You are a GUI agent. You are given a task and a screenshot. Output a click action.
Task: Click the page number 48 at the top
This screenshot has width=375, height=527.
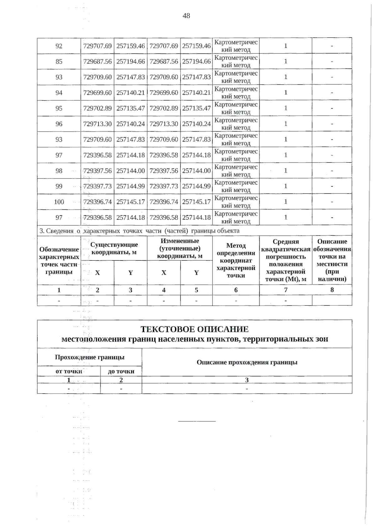(x=186, y=16)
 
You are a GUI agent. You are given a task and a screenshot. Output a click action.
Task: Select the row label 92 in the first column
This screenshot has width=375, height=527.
(x=59, y=46)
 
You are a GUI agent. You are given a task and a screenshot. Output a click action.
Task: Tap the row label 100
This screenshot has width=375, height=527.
(x=59, y=202)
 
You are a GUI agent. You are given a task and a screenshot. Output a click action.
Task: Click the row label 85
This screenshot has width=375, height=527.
(x=59, y=62)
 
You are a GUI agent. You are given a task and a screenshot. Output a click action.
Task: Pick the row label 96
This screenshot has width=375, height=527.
(x=59, y=124)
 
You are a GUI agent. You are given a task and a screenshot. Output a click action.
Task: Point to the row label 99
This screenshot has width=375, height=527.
(x=59, y=186)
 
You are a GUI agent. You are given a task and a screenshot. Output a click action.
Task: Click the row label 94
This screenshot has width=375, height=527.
(x=59, y=93)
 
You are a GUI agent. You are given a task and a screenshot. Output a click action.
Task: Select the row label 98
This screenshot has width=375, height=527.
(x=59, y=171)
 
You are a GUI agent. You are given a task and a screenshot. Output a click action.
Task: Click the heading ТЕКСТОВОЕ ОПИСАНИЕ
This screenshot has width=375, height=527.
(x=194, y=329)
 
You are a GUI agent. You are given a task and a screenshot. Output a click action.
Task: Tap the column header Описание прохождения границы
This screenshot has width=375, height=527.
(x=247, y=362)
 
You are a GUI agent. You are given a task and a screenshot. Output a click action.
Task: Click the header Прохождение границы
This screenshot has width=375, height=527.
(x=89, y=357)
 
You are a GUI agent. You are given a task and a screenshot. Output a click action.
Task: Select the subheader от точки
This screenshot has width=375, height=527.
(x=69, y=371)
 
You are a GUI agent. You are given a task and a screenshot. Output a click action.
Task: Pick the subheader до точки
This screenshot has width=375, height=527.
(x=121, y=371)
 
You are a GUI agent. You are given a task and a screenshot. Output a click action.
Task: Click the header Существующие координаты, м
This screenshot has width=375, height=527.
(x=114, y=248)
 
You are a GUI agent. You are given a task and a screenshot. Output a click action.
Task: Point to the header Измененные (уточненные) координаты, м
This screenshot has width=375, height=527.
(x=180, y=248)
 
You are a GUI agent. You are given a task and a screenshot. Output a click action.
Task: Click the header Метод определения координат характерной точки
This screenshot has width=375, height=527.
(x=236, y=260)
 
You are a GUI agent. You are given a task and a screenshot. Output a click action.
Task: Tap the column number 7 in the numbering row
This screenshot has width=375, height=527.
(x=286, y=290)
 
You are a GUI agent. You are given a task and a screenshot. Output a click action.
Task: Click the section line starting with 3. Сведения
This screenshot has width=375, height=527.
(x=139, y=231)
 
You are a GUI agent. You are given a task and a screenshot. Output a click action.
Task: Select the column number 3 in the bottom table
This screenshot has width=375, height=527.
(x=247, y=380)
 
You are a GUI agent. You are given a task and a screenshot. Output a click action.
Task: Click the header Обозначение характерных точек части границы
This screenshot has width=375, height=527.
(x=59, y=260)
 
